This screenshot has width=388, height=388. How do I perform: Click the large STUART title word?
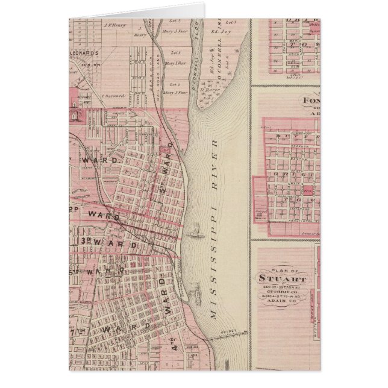[x=283, y=279]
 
